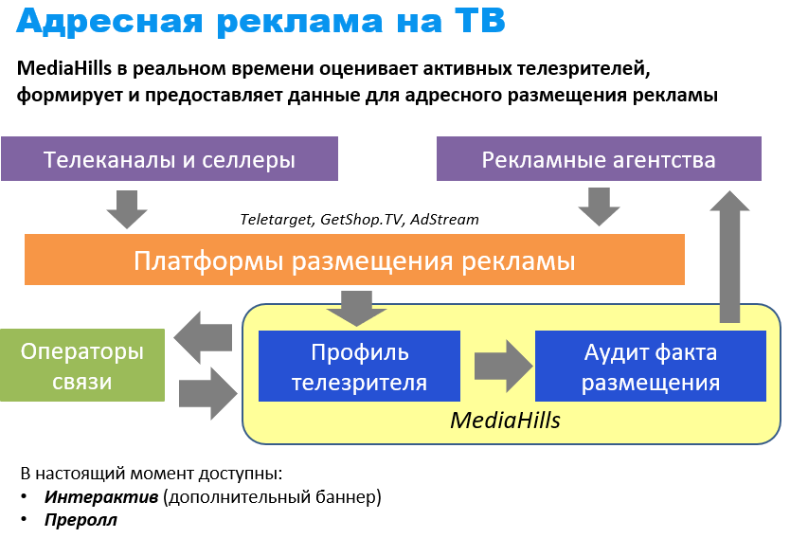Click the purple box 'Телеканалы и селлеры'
tap(170, 159)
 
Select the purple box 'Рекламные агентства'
tap(599, 159)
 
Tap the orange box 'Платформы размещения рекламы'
tap(354, 260)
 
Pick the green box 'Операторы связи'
tap(81, 366)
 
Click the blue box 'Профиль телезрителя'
tap(359, 368)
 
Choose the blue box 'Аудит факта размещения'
tap(650, 368)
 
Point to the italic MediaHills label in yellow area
tap(505, 420)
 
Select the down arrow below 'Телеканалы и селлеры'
tap(127, 207)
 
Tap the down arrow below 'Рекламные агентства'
tap(599, 206)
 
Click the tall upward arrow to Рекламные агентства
tap(729, 257)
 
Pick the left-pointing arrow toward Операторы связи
tap(204, 338)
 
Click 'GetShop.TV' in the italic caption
tap(363, 220)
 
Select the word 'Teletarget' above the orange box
tap(277, 220)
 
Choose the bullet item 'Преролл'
tap(81, 519)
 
